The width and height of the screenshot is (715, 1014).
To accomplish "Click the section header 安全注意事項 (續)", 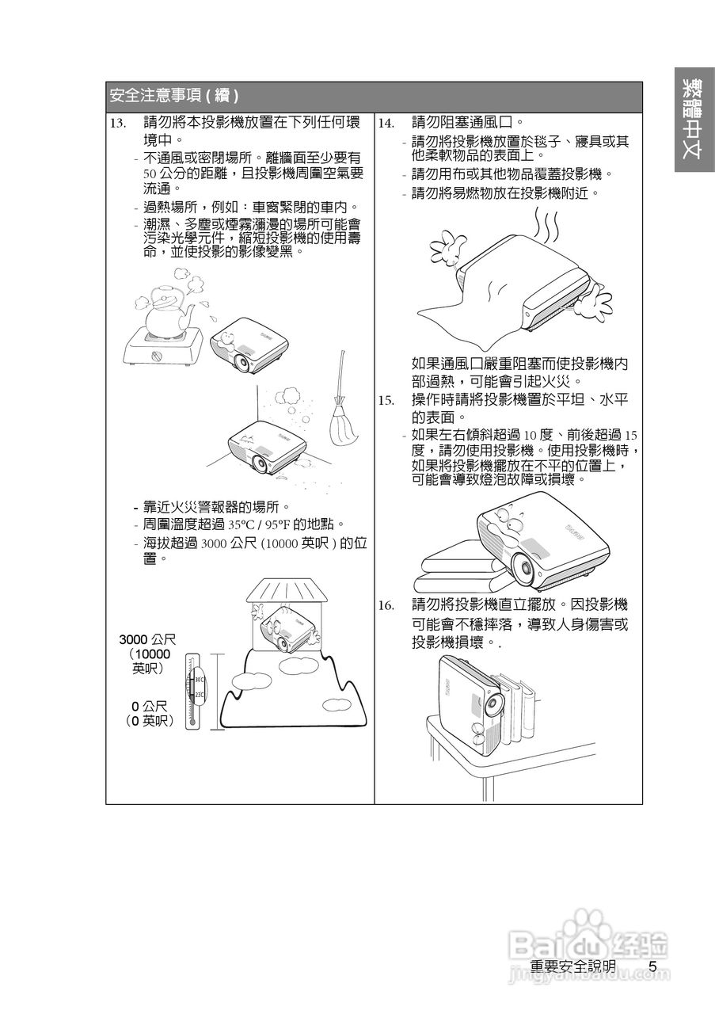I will pyautogui.click(x=175, y=97).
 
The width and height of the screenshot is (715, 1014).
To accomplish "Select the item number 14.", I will pyautogui.click(x=386, y=124).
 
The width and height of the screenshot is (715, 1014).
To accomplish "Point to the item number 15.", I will pyautogui.click(x=386, y=399).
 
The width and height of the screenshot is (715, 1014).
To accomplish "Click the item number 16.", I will pyautogui.click(x=386, y=605).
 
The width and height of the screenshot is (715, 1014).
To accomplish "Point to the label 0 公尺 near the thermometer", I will pyautogui.click(x=149, y=705).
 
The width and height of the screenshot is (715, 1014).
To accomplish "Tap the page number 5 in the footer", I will pyautogui.click(x=652, y=966).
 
